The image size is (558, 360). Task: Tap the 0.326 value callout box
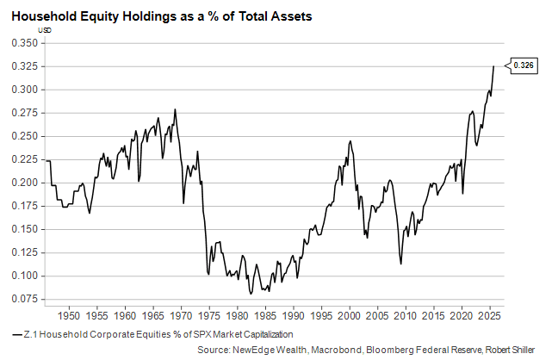[x=523, y=65]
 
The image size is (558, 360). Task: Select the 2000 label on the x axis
[x=350, y=315]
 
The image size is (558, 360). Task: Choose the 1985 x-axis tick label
[x=265, y=315]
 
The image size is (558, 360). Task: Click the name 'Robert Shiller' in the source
[x=522, y=350]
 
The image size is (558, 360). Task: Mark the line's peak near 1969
[x=176, y=109]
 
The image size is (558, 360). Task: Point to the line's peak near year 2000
[x=350, y=141]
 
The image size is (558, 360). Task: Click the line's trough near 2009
[x=401, y=264]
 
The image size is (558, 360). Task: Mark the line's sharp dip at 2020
[x=463, y=193]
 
